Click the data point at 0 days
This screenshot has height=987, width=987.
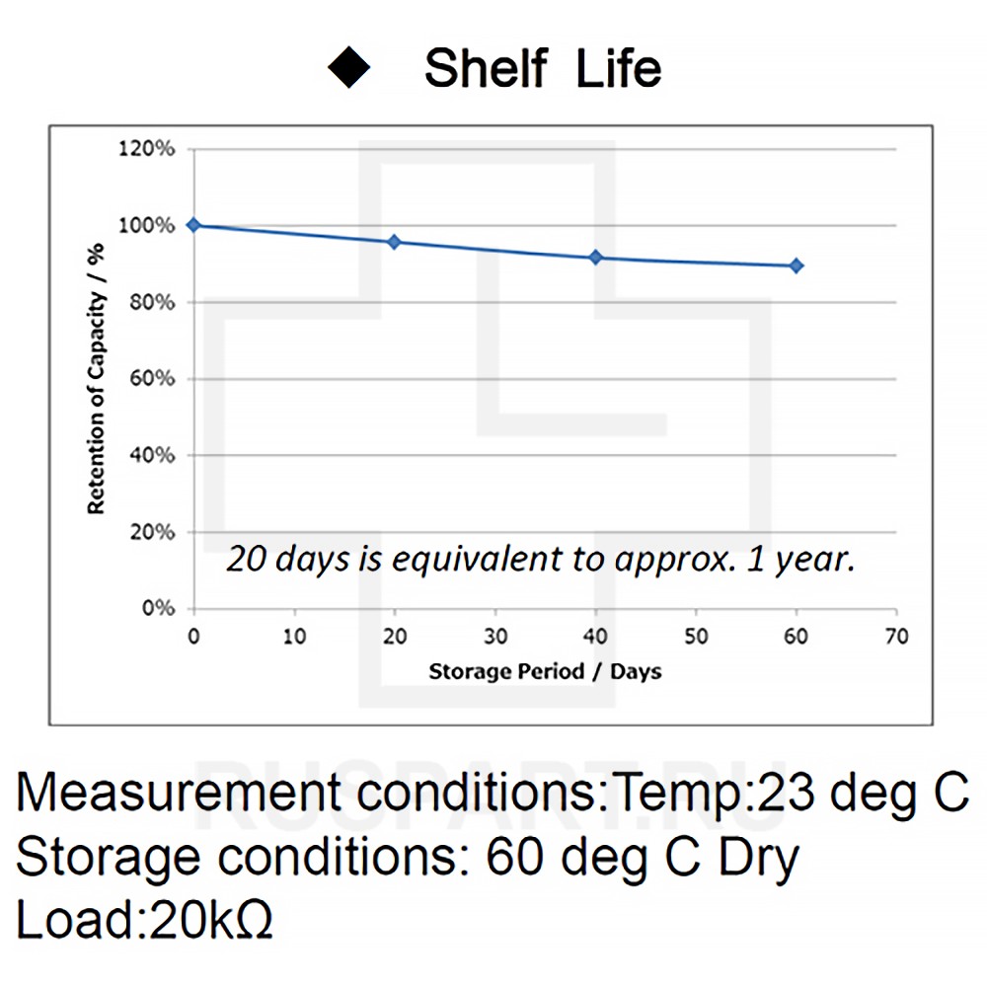point(193,225)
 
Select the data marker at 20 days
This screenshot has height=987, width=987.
point(394,242)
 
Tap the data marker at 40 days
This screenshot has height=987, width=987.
point(595,258)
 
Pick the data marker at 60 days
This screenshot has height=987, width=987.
point(797,266)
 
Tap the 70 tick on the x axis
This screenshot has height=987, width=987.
point(896,637)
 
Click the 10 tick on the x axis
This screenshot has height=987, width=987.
point(294,637)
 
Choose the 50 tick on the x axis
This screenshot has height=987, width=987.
point(696,637)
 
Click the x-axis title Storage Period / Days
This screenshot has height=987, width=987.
point(545,672)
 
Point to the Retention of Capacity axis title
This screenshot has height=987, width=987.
point(96,379)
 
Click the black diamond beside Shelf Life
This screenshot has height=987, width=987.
point(348,68)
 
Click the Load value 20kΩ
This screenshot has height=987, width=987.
point(209,920)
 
